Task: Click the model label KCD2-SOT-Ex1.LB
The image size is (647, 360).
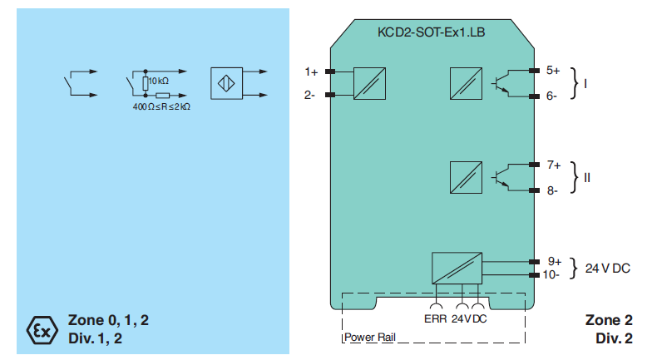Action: tap(431, 33)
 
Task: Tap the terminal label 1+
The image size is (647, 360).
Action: tap(311, 72)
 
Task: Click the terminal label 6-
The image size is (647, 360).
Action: tap(552, 96)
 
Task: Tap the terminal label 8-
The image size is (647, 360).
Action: tap(552, 190)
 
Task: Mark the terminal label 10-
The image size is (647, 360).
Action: tap(553, 274)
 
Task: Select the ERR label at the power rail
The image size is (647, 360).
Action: tap(436, 318)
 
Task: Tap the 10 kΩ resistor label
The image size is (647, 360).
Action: tap(159, 81)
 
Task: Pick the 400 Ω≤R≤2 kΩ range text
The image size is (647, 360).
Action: tap(161, 107)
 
